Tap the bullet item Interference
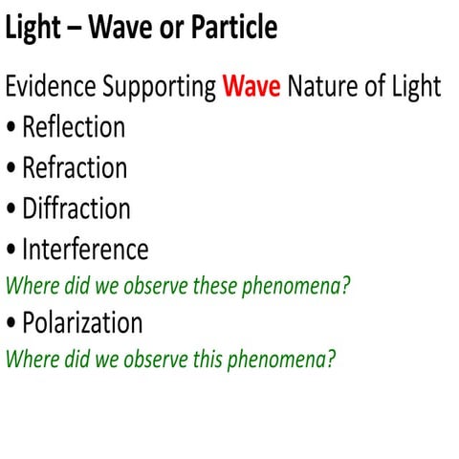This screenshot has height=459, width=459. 85,250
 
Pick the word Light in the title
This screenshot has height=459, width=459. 34,28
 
